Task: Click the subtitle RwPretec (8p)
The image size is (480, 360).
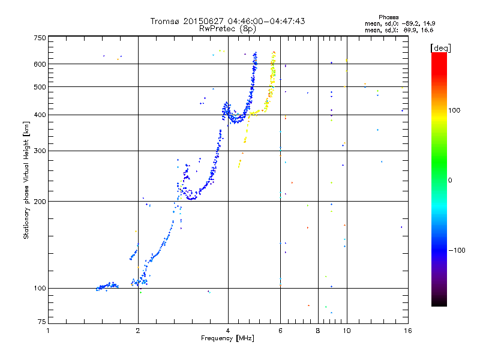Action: click(x=227, y=29)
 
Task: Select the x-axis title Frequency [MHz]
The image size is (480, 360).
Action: click(x=227, y=338)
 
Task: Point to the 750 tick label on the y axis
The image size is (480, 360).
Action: click(x=40, y=38)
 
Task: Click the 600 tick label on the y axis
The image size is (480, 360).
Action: click(x=40, y=64)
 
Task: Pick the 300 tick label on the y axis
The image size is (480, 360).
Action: click(x=40, y=151)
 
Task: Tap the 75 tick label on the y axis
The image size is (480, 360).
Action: click(x=42, y=322)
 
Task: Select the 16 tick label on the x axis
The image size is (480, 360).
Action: click(x=408, y=331)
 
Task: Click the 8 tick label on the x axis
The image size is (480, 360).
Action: click(x=318, y=331)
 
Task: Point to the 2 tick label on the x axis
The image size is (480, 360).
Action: click(x=138, y=331)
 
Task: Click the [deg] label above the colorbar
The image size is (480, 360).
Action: click(x=440, y=48)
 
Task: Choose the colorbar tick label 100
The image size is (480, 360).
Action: click(x=454, y=110)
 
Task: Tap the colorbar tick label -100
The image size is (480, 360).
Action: click(x=457, y=250)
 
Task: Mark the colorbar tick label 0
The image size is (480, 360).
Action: click(x=450, y=180)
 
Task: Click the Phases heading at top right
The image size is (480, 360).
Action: click(x=388, y=17)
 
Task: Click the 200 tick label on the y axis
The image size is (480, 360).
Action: click(x=40, y=201)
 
